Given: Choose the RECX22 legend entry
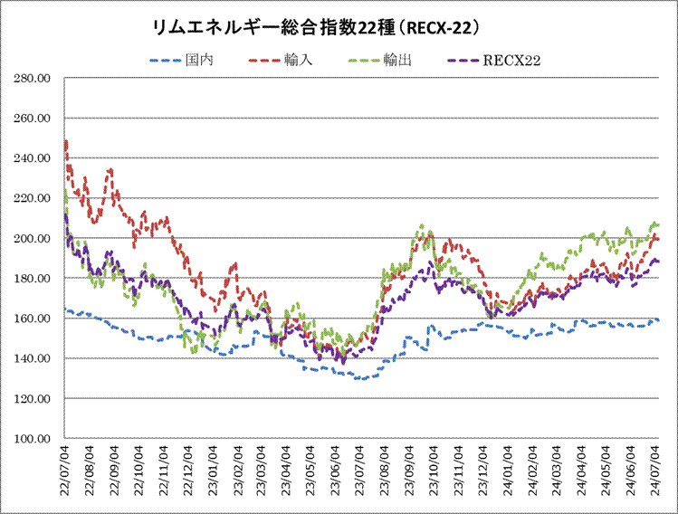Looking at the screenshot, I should [511, 61].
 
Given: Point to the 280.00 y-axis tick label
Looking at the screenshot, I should [33, 79].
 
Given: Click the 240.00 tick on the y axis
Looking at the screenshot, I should [33, 158].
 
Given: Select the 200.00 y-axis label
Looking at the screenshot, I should [33, 239].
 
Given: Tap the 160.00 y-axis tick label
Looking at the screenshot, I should [33, 319].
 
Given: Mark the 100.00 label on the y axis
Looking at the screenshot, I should [33, 439].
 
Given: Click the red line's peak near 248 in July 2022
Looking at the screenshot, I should [66, 141].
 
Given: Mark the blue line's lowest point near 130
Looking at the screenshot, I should [359, 378].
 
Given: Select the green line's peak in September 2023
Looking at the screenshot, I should [421, 225].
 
